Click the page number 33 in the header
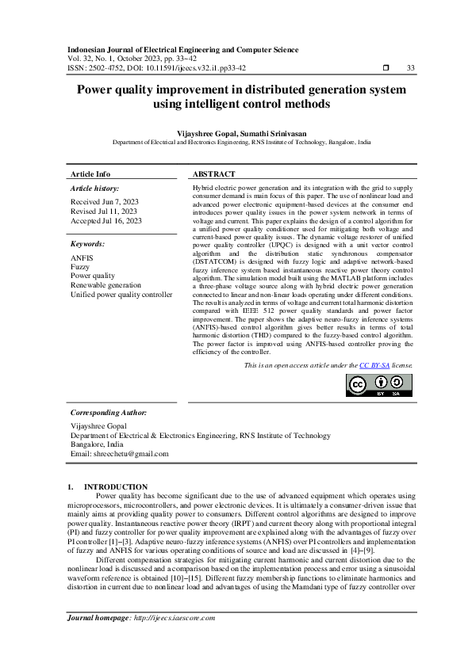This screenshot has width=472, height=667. coord(410,68)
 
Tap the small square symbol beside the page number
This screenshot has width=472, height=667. coord(386,68)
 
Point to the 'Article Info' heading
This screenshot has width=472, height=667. coord(90,173)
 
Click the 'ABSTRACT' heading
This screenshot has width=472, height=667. coord(214,173)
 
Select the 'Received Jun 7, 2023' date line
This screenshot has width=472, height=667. coord(105,202)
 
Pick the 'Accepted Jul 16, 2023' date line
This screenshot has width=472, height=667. coord(106,221)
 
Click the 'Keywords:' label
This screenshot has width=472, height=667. coord(88,245)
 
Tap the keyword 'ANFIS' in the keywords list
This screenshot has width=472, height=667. coord(82,258)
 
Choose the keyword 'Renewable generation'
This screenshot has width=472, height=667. coord(106,285)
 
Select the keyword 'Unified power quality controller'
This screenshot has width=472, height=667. coord(121,294)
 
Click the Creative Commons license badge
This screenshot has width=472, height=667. coord(379,385)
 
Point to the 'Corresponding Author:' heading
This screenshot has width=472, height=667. coord(109,413)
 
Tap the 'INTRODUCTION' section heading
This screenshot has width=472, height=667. coord(116,486)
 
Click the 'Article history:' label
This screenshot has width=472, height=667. coord(95,189)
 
